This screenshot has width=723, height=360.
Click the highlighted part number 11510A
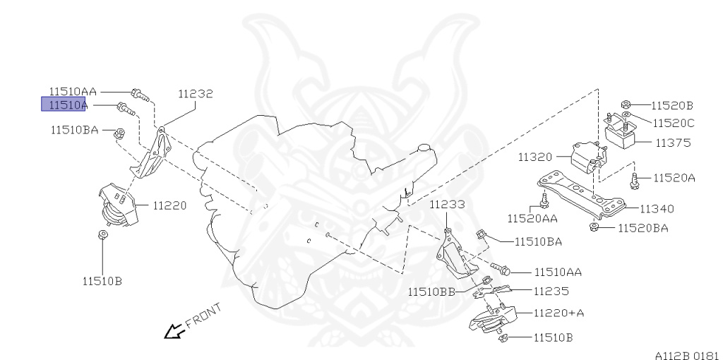click(64, 105)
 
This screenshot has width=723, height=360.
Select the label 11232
click(195, 93)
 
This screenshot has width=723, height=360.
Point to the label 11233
click(448, 205)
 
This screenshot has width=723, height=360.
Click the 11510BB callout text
click(431, 291)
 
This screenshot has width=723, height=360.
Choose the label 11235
click(551, 291)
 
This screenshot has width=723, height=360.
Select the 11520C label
click(673, 123)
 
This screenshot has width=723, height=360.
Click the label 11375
click(673, 143)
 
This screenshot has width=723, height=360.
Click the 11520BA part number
click(643, 227)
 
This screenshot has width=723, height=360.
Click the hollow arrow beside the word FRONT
click(172, 330)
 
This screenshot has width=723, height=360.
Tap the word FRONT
click(203, 316)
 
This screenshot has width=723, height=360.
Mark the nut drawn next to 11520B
click(626, 105)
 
